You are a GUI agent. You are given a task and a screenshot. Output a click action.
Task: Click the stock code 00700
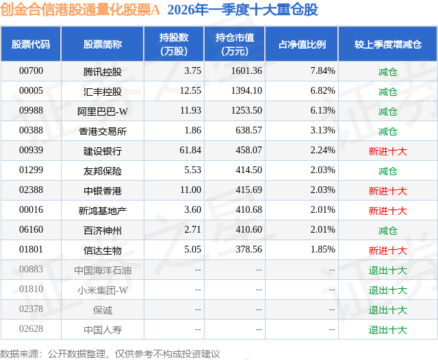click(31, 70)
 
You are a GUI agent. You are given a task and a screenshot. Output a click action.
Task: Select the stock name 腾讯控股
click(102, 70)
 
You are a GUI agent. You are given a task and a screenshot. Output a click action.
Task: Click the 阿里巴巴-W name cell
click(102, 110)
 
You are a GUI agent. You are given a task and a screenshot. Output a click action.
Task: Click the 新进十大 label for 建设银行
click(387, 151)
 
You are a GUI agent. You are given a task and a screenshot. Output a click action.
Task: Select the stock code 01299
click(31, 170)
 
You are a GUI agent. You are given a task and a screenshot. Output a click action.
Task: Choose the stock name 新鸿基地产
click(102, 210)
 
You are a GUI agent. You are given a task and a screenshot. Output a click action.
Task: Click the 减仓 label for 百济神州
click(387, 230)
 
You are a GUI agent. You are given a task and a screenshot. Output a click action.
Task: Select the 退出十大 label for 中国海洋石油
click(387, 270)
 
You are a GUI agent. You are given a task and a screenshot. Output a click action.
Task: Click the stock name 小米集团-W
click(102, 290)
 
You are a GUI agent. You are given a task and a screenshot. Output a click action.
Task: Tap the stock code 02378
click(31, 309)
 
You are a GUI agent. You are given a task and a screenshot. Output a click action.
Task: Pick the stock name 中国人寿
click(102, 329)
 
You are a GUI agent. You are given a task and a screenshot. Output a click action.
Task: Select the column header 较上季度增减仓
click(387, 44)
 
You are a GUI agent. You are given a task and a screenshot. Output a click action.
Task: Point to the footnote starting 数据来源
click(110, 353)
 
